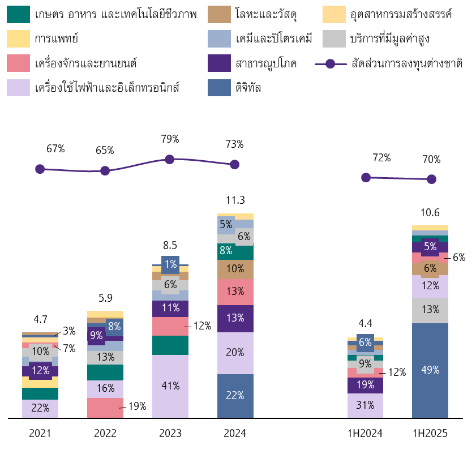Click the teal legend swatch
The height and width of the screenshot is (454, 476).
pos(18,14)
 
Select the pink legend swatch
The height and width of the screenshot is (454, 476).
pos(18,63)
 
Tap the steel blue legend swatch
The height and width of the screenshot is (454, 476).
pos(219,88)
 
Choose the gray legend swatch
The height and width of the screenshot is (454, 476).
pos(334,38)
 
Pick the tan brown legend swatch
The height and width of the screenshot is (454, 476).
pos(219,14)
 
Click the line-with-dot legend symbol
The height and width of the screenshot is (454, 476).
pos(331,64)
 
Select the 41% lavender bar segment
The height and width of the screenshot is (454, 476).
pos(170,386)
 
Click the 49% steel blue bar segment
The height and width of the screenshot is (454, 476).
pos(430,370)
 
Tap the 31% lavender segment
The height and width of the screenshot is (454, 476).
pos(365,405)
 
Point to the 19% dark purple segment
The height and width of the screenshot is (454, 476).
pos(365,386)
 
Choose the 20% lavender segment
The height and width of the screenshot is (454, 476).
pos(235,353)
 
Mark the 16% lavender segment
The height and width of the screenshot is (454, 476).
pos(105,389)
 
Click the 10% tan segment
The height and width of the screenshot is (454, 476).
pos(235,269)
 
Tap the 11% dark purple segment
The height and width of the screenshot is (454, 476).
pos(170,309)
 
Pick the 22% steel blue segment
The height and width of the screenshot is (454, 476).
pos(235,396)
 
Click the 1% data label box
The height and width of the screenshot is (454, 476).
pos(170,264)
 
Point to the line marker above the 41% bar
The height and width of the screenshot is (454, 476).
pos(170,159)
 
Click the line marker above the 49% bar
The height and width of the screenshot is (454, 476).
pos(431,179)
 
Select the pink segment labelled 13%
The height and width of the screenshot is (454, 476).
pos(235,292)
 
